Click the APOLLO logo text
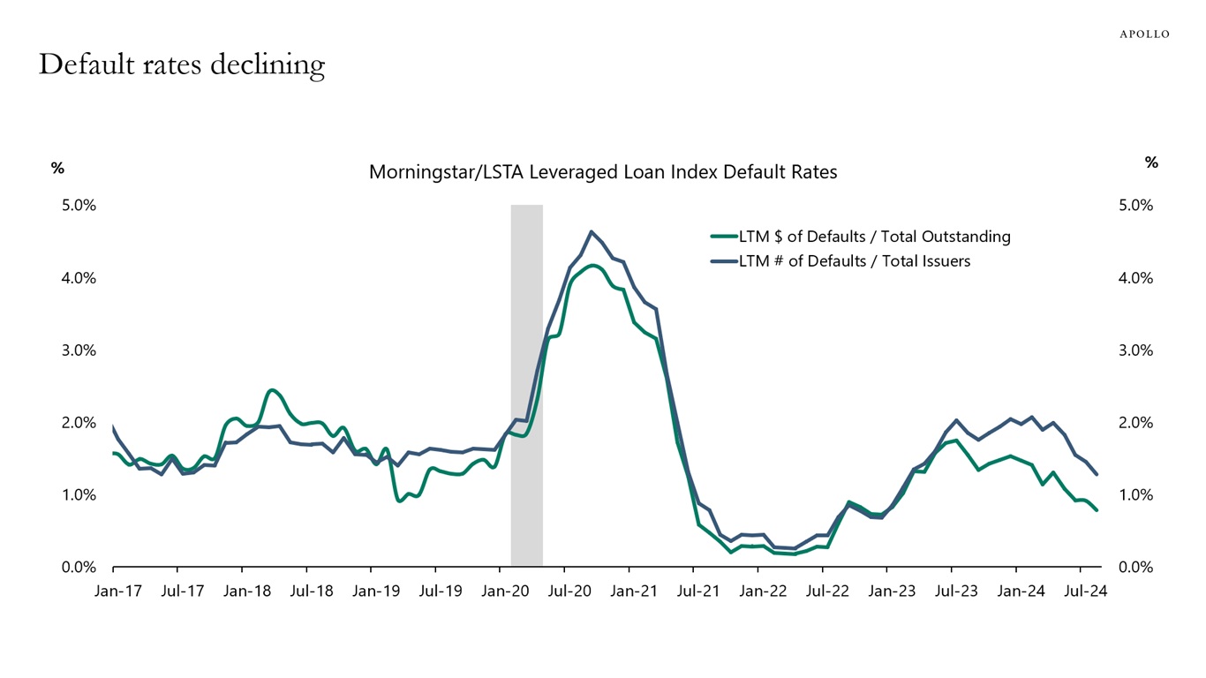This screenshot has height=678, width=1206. (x=1144, y=34)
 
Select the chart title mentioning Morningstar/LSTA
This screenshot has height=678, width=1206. (x=602, y=172)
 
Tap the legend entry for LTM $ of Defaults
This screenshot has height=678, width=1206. (x=874, y=237)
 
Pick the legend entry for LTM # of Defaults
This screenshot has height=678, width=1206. (x=854, y=260)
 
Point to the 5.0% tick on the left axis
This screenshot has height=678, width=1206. (x=79, y=205)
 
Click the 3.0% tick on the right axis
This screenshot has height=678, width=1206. (x=1135, y=350)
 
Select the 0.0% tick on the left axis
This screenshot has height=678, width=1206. (x=79, y=567)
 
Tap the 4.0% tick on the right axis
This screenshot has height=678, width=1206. (x=1135, y=277)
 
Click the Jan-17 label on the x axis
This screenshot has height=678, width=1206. (x=117, y=591)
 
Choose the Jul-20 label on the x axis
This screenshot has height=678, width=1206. (x=569, y=591)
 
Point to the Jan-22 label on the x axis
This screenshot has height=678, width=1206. (x=763, y=591)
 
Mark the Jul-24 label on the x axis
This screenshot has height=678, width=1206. (x=1086, y=591)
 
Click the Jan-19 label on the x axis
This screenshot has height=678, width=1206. (x=376, y=591)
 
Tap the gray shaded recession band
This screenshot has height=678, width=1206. (x=526, y=385)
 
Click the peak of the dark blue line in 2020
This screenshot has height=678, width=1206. (x=591, y=231)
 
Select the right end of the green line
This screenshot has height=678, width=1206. (x=1097, y=510)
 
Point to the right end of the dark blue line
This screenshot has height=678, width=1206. (x=1097, y=475)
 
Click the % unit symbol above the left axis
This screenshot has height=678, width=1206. (x=57, y=168)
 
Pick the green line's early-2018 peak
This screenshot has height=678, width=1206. (x=271, y=389)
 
